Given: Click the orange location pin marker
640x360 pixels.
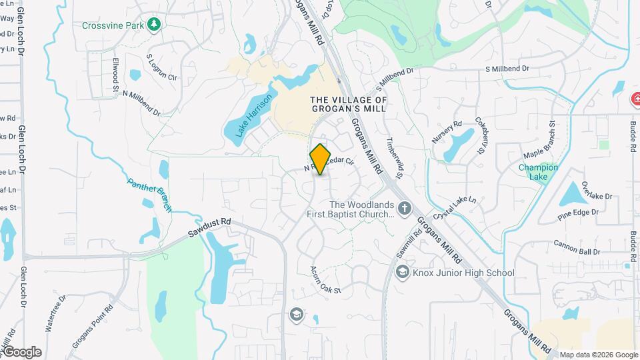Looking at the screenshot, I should (x=321, y=159).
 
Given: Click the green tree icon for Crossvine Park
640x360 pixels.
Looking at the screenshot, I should (x=155, y=25).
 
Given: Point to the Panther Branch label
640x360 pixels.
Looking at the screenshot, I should (x=150, y=193).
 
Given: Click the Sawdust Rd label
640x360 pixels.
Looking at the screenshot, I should (x=209, y=229).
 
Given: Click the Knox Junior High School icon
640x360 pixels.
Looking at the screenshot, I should (x=402, y=272).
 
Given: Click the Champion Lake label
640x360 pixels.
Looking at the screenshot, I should (x=538, y=172).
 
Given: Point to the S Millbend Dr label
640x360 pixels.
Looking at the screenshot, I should (x=507, y=69).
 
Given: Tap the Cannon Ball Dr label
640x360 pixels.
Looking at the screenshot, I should (x=577, y=247).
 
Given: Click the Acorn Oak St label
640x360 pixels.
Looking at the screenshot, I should (x=325, y=281).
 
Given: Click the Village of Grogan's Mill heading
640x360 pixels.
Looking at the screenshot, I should (x=349, y=104).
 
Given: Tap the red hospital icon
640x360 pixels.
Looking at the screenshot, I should (x=635, y=100).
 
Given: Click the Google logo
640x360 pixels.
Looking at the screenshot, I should (x=22, y=351).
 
